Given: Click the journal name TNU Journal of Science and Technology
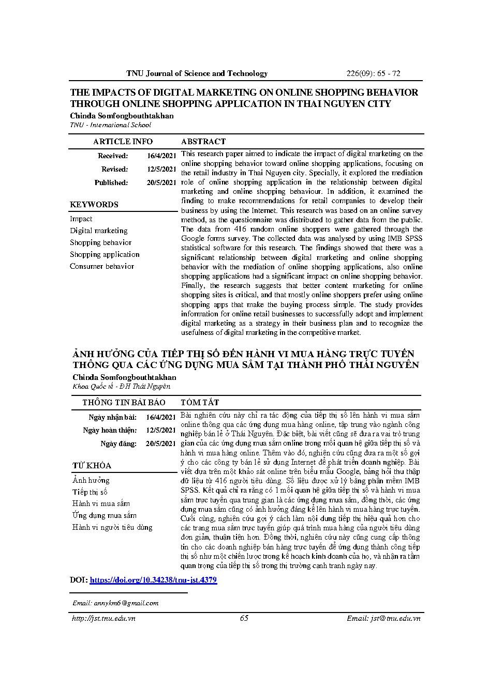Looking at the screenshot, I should click(197, 73).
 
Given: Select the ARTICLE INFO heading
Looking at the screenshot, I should click(123, 142).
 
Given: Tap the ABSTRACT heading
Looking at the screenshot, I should click(203, 142).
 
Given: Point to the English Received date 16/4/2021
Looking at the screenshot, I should click(161, 156).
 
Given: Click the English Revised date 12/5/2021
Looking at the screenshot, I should click(161, 169).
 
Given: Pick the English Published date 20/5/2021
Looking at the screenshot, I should click(161, 182).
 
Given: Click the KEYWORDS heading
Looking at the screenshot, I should click(94, 205).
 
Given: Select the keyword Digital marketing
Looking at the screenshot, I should click(99, 231).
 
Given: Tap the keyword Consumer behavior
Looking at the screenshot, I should click(102, 266).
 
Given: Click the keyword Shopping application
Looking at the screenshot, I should click(105, 254).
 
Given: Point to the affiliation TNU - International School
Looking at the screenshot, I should click(110, 125).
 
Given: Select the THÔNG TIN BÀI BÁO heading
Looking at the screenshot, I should click(124, 402).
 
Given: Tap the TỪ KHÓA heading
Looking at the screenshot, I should click(92, 466).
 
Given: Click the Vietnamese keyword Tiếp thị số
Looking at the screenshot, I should click(90, 492).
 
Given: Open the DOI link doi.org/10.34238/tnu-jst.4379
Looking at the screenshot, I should click(153, 580).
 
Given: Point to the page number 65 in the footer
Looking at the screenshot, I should click(244, 619).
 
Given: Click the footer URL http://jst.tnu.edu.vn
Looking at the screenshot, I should click(102, 619).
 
